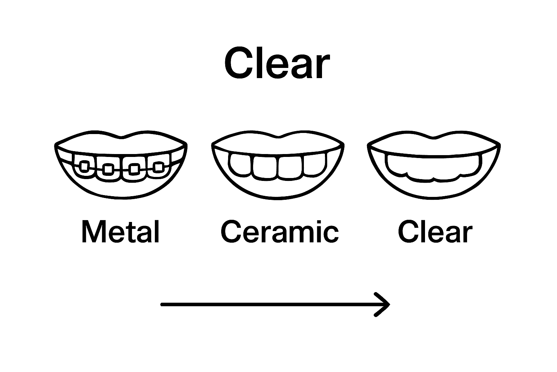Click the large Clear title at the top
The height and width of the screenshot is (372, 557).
click(277, 64)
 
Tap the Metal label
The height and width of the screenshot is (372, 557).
click(121, 232)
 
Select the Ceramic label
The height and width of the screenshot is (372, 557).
click(280, 232)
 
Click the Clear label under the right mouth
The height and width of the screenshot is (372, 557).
click(435, 232)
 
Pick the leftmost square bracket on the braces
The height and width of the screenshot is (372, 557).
click(84, 166)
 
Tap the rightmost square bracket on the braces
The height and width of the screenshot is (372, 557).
click(158, 167)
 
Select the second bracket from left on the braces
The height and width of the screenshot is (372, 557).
click(107, 169)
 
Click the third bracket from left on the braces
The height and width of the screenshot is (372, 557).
click(134, 169)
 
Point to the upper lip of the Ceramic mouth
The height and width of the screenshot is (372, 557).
click(278, 142)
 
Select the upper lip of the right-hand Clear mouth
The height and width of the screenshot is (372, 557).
click(434, 143)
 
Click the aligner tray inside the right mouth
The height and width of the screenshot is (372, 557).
click(434, 167)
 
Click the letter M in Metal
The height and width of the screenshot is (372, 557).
click(91, 232)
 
